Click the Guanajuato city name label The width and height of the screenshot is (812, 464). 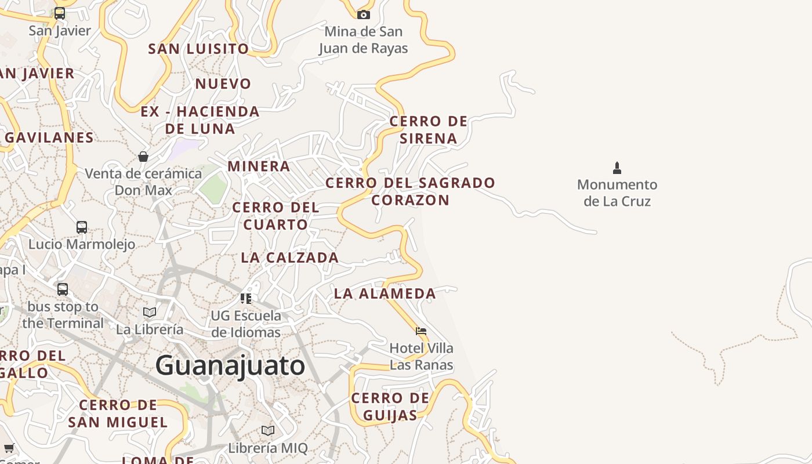(230, 365)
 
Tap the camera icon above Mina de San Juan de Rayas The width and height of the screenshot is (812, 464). (364, 14)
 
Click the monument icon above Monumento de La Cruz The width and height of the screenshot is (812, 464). (617, 168)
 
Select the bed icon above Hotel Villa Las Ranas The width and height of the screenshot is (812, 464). (421, 331)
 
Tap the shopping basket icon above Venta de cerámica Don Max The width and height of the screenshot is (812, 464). (143, 157)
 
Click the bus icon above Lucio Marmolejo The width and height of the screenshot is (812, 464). (82, 227)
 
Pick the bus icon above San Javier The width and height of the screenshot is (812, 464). (60, 13)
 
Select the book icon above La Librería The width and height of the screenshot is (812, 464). (150, 313)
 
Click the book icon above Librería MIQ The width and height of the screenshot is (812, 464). (267, 431)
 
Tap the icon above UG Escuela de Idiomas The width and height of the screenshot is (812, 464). (246, 299)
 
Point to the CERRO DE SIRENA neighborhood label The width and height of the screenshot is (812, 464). (428, 130)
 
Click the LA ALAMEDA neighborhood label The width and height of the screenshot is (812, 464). (385, 293)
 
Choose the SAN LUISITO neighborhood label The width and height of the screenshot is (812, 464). (198, 49)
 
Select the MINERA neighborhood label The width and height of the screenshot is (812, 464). (259, 166)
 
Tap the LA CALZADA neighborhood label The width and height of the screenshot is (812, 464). (289, 258)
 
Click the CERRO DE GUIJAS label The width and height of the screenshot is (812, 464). (390, 407)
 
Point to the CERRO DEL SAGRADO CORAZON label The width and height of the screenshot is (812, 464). (410, 191)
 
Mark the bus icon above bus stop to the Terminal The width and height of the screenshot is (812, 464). (63, 289)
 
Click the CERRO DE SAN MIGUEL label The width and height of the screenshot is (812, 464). (118, 414)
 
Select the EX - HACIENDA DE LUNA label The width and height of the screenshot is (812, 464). (200, 120)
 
